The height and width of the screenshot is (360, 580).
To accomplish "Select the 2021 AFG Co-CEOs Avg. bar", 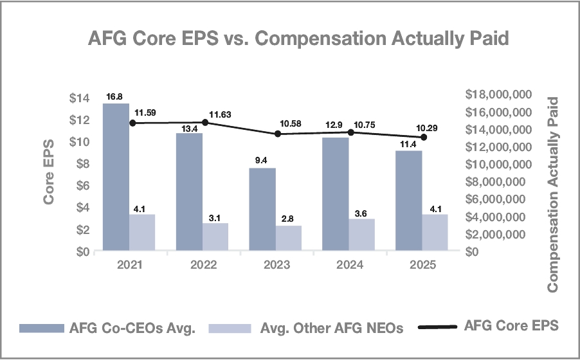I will tap(116, 177).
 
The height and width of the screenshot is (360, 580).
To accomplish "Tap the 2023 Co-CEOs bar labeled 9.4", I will tap(262, 209).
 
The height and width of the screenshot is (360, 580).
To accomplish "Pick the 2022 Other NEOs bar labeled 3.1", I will tap(215, 237).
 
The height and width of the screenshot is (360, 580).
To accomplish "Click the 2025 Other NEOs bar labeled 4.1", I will tap(435, 232).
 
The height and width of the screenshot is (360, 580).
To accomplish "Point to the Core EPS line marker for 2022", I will tap(205, 122).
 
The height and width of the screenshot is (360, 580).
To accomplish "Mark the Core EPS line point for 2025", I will tap(424, 137).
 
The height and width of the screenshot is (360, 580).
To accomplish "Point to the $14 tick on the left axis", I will tap(80, 98).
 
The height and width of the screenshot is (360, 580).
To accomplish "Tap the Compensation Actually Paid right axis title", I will tap(554, 194).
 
